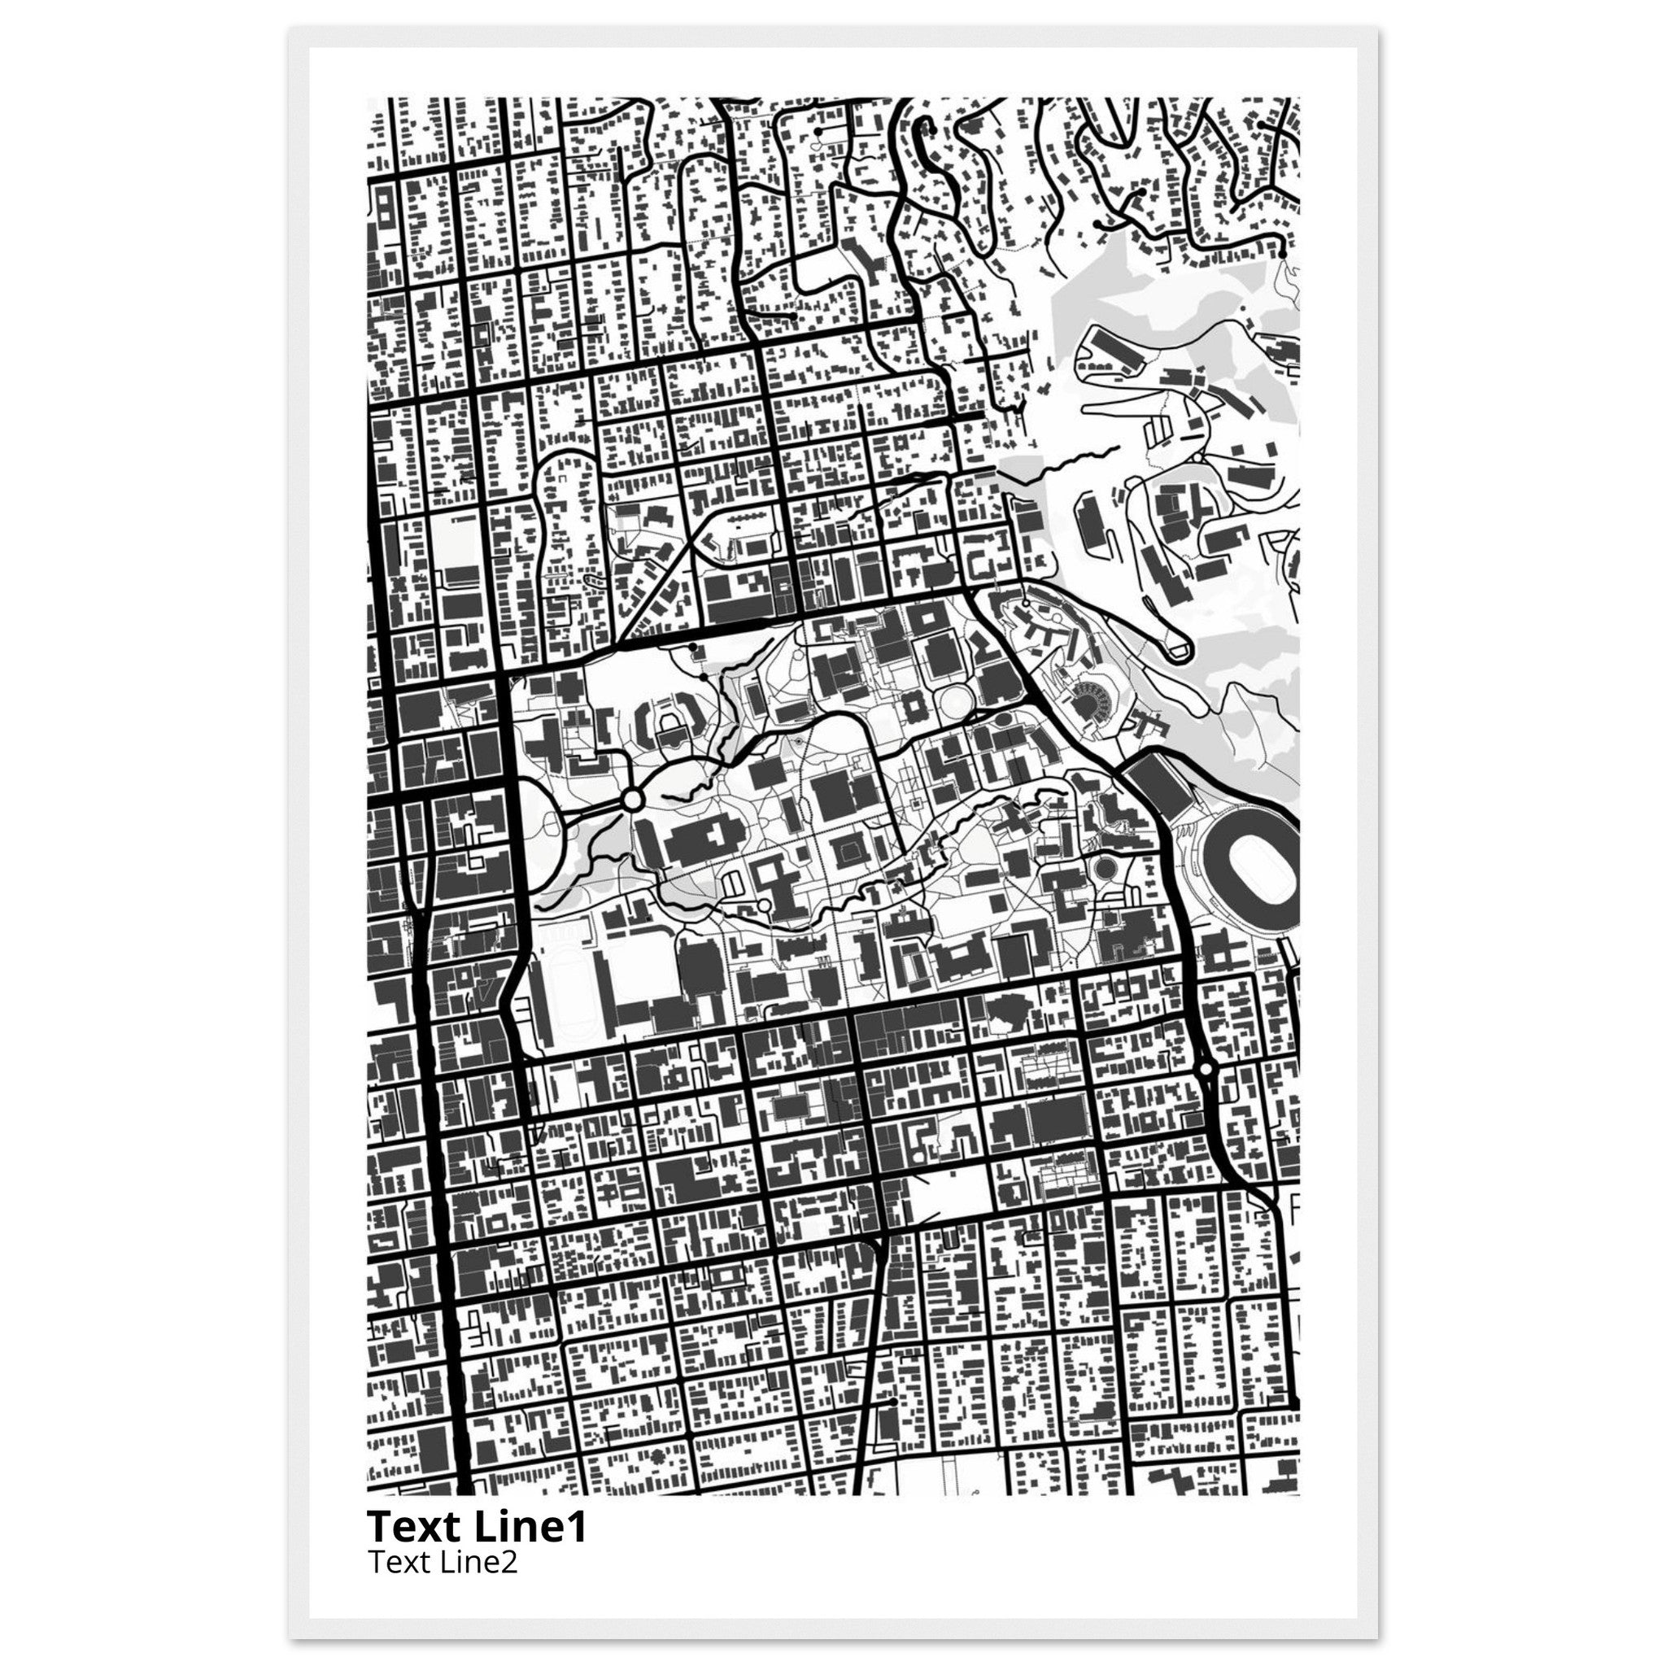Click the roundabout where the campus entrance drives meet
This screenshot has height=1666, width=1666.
tap(631, 800)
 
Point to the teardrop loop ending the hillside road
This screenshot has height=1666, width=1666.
tap(1176, 647)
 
